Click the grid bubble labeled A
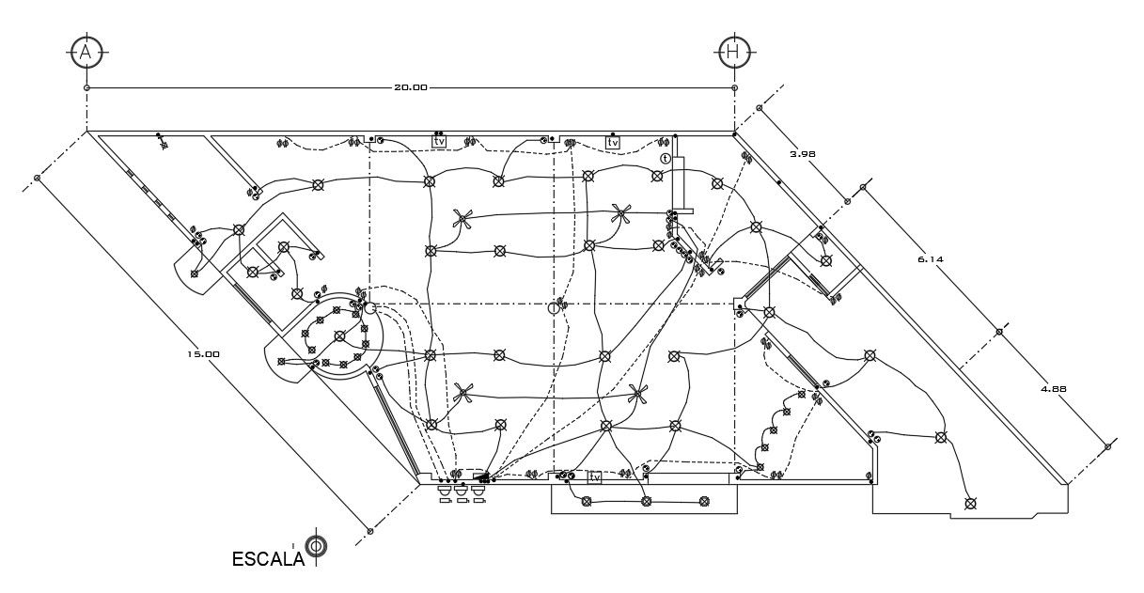86,53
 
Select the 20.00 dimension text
410,87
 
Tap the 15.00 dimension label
203,354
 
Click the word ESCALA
268,558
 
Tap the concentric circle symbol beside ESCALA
317,546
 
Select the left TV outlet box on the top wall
439,142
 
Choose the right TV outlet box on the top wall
613,142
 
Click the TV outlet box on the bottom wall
594,477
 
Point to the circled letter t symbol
666,159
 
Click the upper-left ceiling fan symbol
462,220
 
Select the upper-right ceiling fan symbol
620,214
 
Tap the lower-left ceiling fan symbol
461,393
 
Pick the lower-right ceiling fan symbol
638,393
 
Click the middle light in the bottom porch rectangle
646,502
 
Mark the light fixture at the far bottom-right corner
971,504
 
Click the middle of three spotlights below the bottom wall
461,491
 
